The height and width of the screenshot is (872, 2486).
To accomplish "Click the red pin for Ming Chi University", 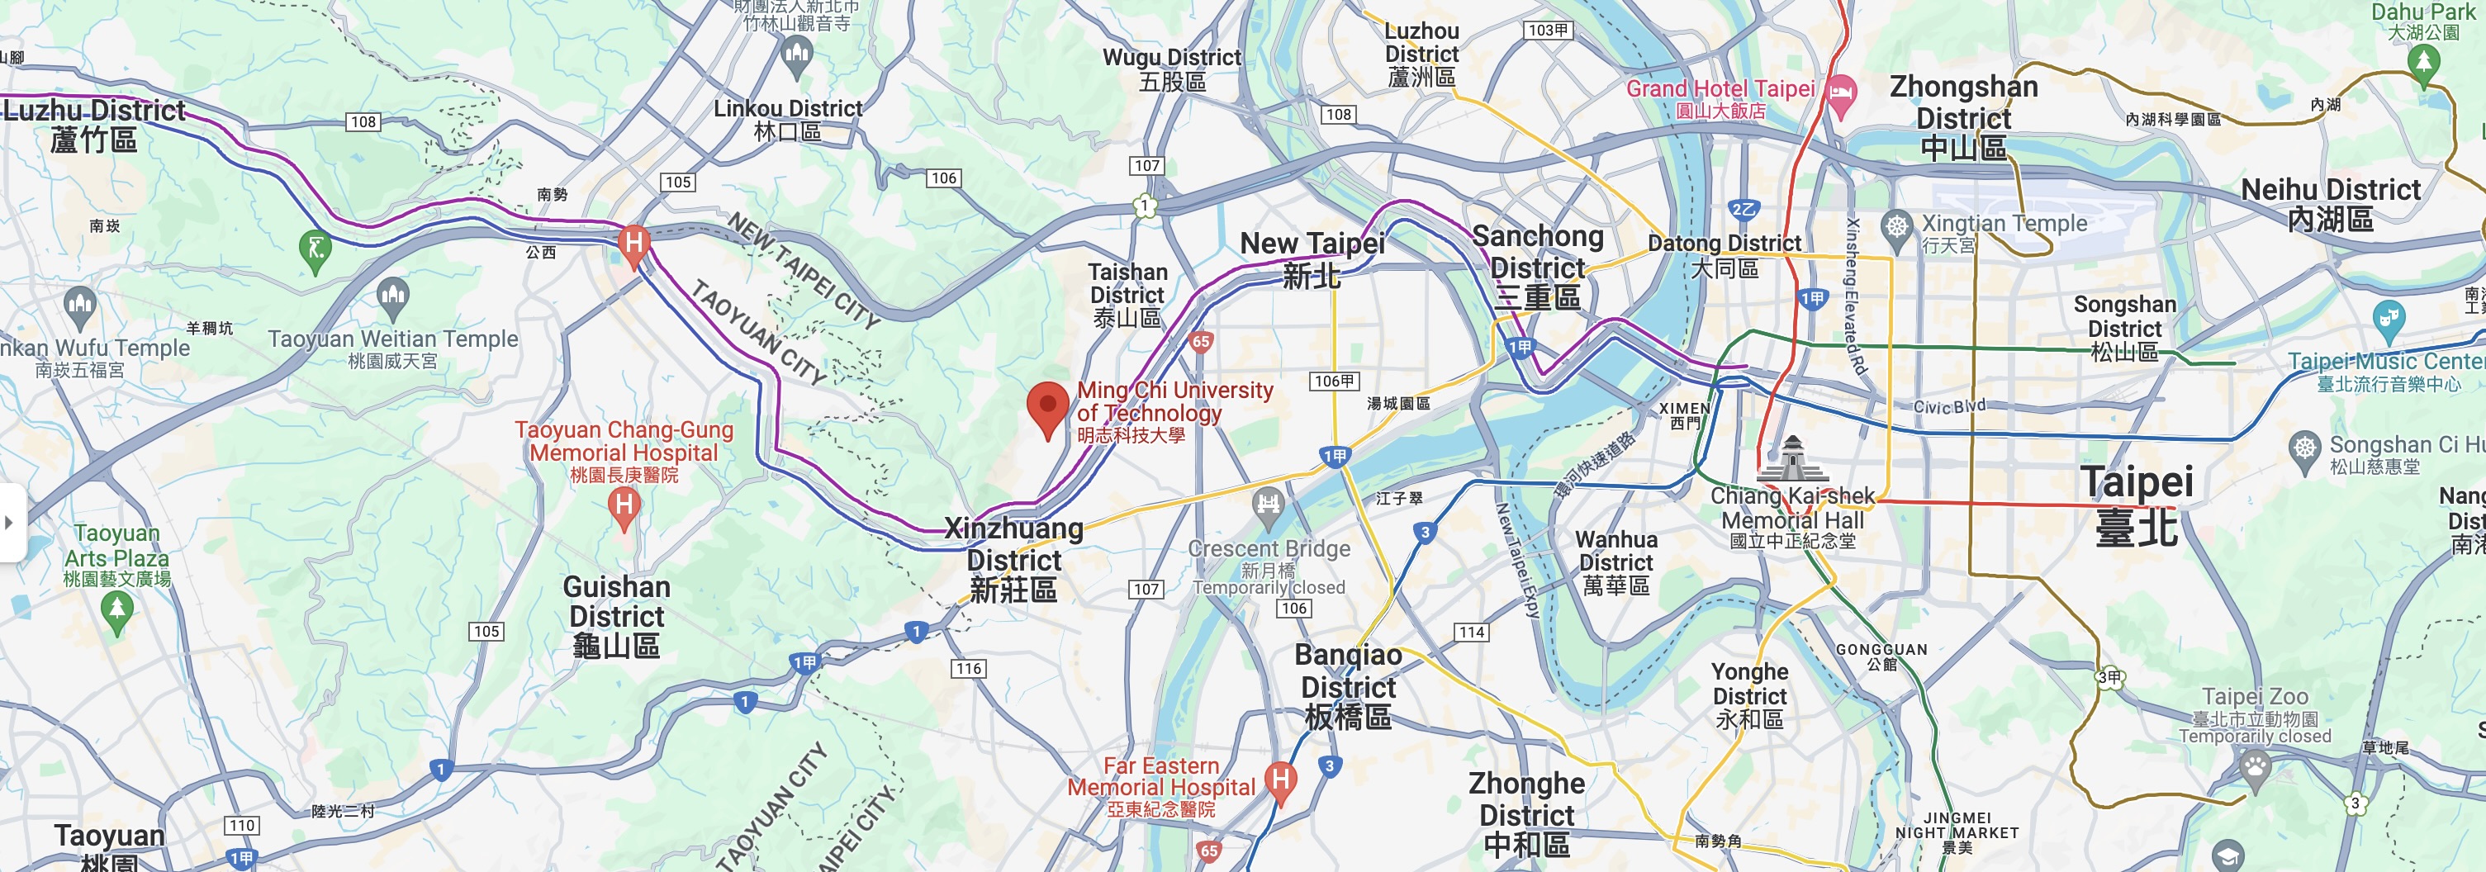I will pos(1047,406).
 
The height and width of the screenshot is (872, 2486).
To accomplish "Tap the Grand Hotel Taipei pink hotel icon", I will pos(1841,94).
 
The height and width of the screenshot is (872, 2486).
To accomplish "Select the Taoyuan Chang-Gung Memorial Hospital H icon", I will pos(624,505).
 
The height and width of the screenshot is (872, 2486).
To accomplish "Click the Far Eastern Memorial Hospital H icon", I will pos(1281,780).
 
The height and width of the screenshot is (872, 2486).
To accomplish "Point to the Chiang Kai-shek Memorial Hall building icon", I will pos(1792,459).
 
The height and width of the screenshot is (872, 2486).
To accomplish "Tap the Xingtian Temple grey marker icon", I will pos(1897,228).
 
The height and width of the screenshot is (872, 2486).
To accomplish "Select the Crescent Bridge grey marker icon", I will pos(1267,504).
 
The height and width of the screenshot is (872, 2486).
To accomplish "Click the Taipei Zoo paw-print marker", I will pos(2256,768).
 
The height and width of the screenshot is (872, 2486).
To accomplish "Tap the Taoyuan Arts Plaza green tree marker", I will pos(116,609).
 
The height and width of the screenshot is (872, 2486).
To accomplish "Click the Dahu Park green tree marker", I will pos(2423,63).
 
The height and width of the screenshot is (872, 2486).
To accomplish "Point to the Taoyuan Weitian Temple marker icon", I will pos(393,295).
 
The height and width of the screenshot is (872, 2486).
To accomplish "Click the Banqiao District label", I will pos(1347,686).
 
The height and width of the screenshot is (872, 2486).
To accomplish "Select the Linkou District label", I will pos(787,120).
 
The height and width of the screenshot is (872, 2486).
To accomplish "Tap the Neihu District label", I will pos(2330,203).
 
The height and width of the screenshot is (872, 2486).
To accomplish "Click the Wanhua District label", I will pos(1615,562).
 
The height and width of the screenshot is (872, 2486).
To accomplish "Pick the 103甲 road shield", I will pos(1548,30).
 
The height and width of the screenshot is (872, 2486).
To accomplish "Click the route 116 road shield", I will pos(968,669).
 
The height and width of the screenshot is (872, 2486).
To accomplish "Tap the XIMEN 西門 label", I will pos(1684,415).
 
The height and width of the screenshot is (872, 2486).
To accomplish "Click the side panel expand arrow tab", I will pos(10,522).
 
